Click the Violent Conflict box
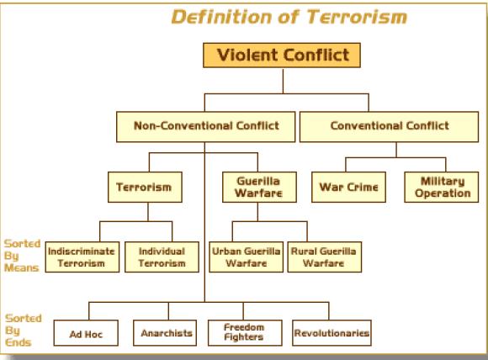(x=282, y=55)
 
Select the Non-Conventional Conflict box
(x=206, y=127)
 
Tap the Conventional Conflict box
(x=389, y=127)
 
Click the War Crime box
(x=348, y=187)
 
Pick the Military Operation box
(x=442, y=187)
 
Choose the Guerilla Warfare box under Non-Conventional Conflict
(x=259, y=187)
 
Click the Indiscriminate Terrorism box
(x=82, y=257)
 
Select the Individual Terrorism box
(x=162, y=257)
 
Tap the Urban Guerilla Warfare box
(x=247, y=257)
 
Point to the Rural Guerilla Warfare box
(x=325, y=257)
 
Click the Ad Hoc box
(x=86, y=333)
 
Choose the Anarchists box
(x=165, y=333)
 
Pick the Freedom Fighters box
(x=245, y=333)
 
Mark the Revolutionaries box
(x=332, y=333)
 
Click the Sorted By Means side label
(x=22, y=256)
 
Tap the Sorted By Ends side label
(x=24, y=330)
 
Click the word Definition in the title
(x=221, y=17)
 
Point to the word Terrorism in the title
(x=357, y=17)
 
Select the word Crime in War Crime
(x=363, y=187)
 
